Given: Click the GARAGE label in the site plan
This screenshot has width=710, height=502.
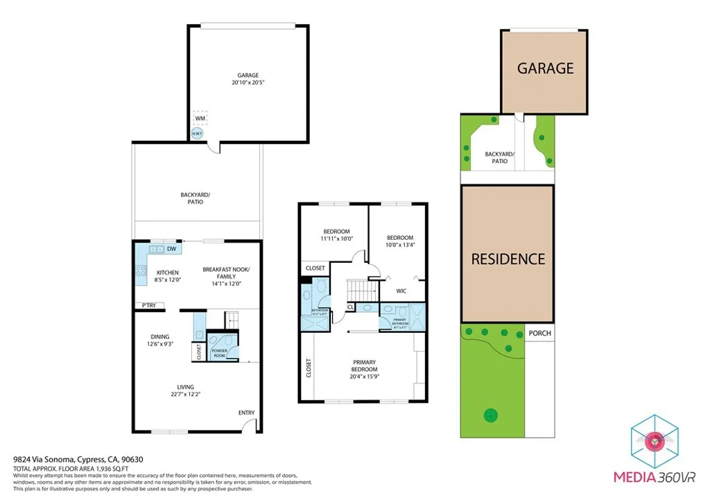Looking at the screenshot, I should coord(545,68).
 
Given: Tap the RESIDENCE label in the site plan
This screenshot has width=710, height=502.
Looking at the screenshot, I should coord(508,259).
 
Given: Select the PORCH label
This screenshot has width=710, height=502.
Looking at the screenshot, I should coord(539,333).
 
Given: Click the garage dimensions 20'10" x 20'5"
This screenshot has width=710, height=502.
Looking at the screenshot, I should coord(248,82).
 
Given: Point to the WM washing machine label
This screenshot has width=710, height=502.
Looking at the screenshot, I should coord(200,119).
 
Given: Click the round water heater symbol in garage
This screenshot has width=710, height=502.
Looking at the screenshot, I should coord(198,133).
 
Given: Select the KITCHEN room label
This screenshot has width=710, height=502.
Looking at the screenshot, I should coord(167,272).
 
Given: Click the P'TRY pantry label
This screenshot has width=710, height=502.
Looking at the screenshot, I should coord(148,305).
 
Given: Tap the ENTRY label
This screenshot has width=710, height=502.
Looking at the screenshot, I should coord(247,413).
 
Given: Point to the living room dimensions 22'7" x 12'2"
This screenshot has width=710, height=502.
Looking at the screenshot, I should coord(185,395).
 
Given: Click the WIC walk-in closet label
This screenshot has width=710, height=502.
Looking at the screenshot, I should coord(401,291).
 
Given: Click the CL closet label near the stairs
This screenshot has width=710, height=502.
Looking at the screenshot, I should coord(350,306).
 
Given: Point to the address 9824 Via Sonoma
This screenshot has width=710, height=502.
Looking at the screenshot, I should coord(47,459).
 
